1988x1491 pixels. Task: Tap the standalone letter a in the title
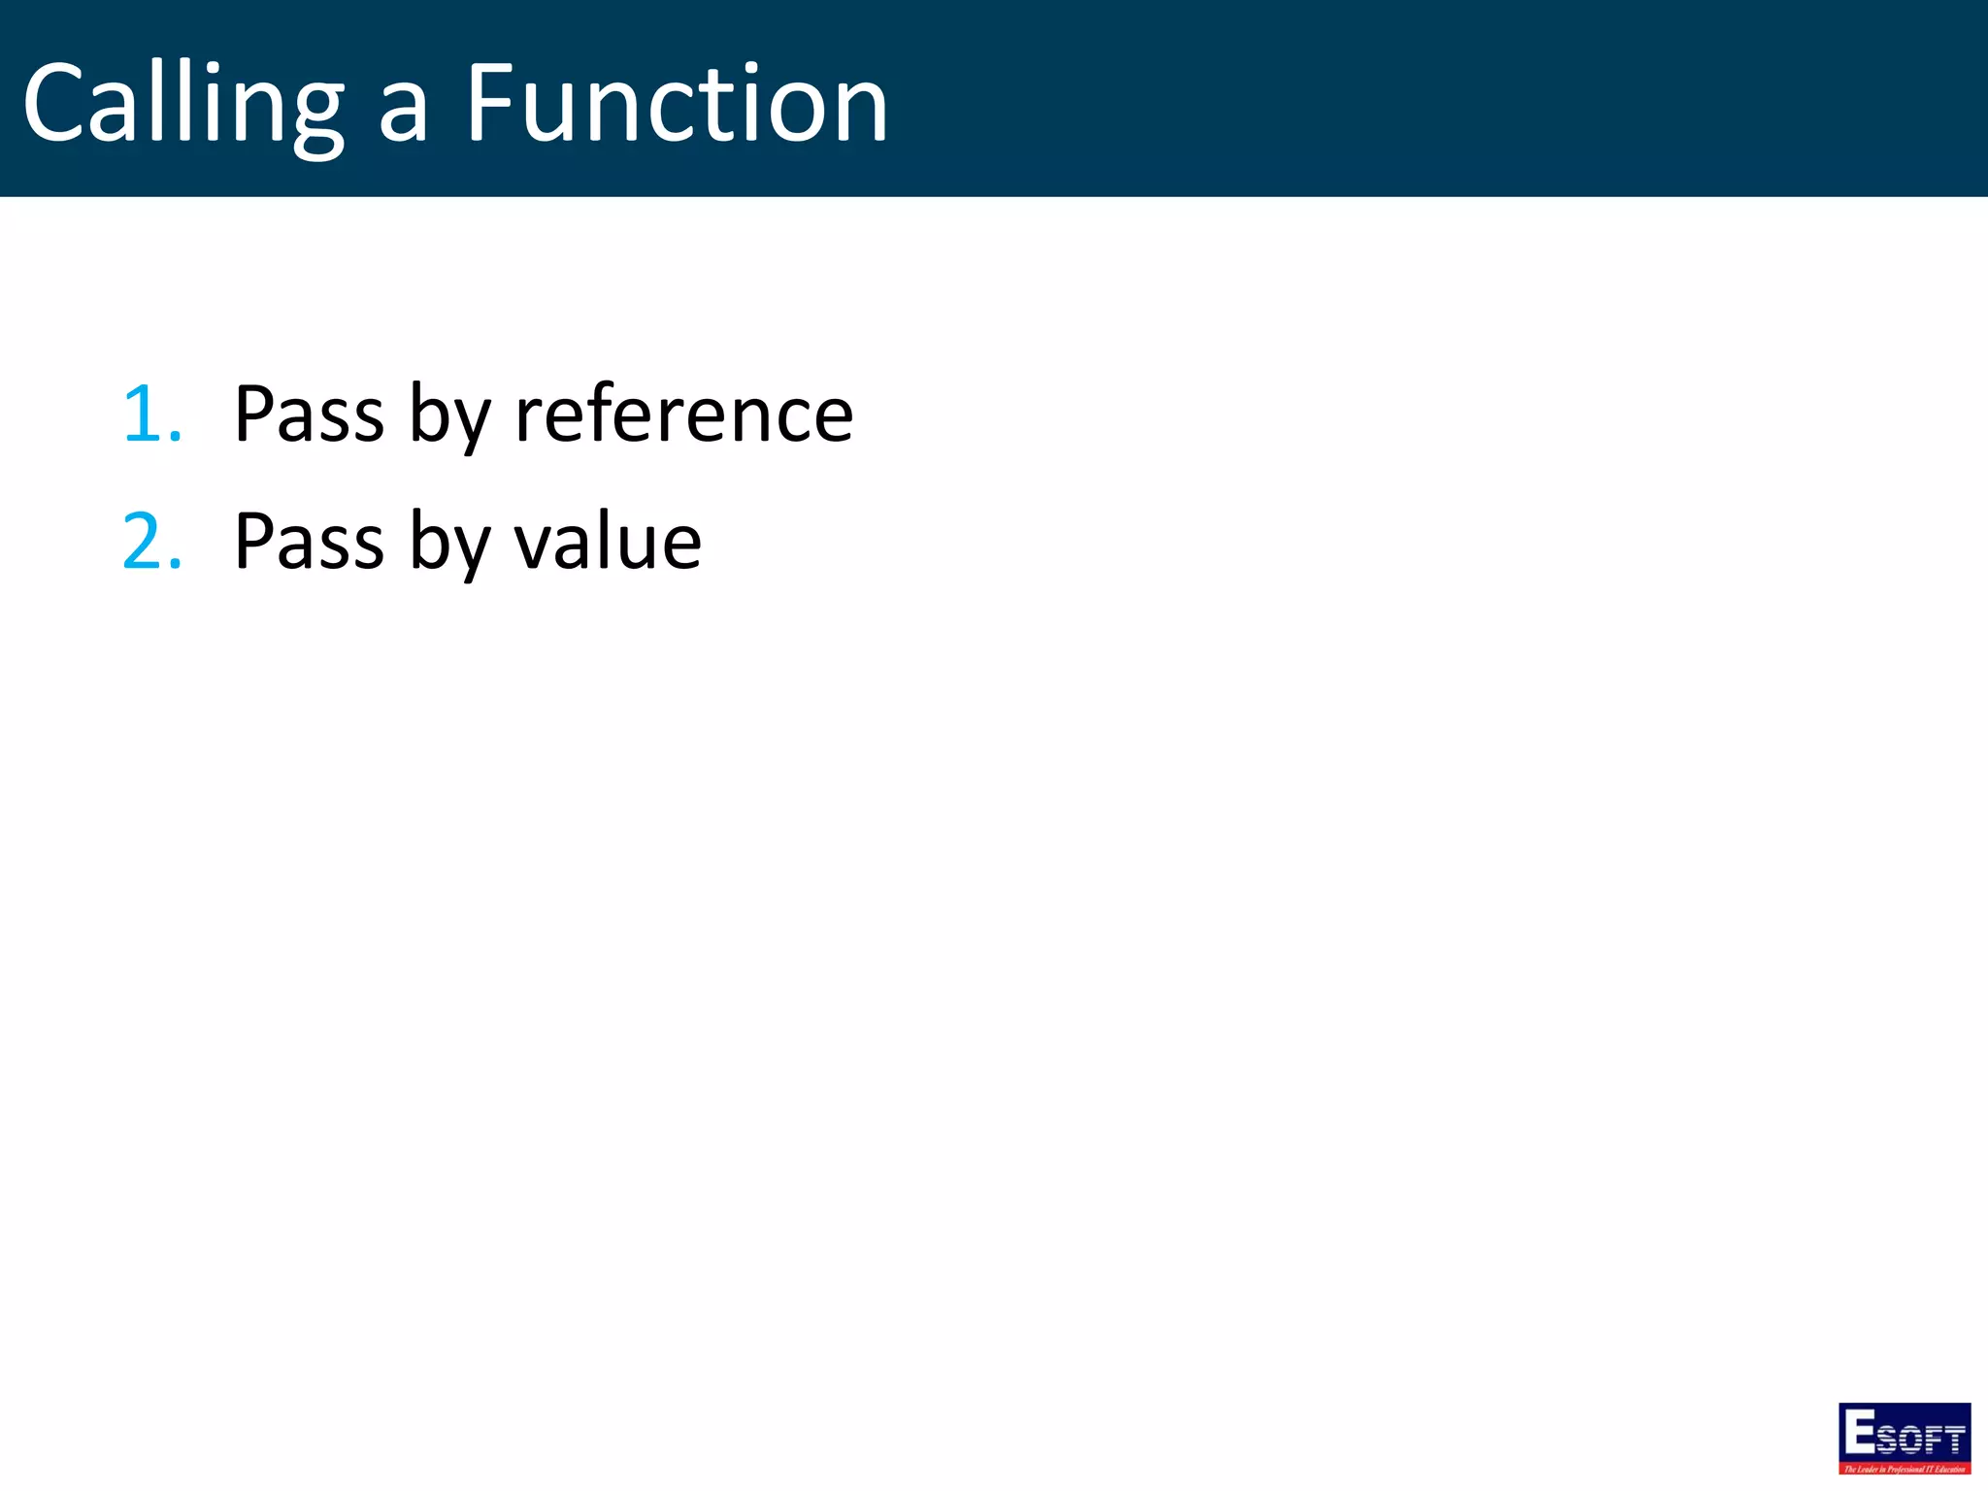(x=403, y=115)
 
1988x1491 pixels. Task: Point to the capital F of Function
(x=490, y=102)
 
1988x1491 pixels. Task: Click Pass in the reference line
(x=310, y=415)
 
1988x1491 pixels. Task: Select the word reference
(x=683, y=415)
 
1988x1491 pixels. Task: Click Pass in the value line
(x=310, y=543)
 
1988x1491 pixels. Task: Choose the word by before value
(x=449, y=545)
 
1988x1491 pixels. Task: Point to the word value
(x=607, y=543)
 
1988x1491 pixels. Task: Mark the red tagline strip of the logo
(x=1905, y=1469)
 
